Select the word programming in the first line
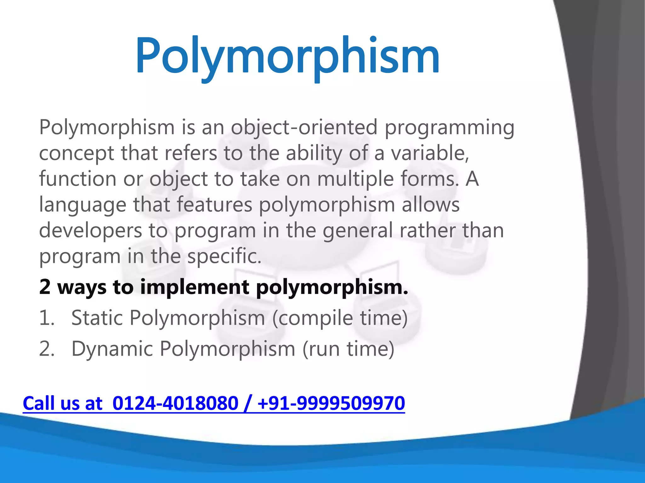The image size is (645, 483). click(449, 128)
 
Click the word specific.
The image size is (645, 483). click(224, 256)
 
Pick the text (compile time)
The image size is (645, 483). click(340, 318)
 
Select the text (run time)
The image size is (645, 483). click(348, 349)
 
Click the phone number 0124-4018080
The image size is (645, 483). click(175, 403)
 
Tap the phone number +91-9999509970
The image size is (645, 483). click(331, 403)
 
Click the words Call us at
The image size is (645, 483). click(63, 403)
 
